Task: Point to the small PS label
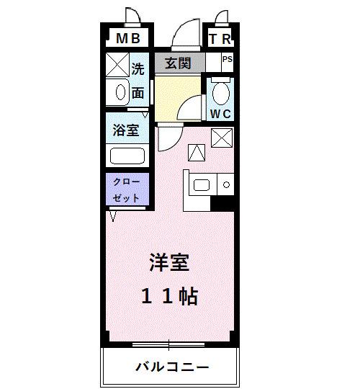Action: (x=227, y=61)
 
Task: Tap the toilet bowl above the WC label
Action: (x=220, y=92)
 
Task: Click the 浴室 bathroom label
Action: (x=127, y=131)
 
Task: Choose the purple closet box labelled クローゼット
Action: (x=127, y=189)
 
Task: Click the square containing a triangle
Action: (x=197, y=152)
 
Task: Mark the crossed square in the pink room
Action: (x=221, y=136)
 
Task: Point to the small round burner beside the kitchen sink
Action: (x=226, y=185)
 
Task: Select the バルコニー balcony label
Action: (x=172, y=367)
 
